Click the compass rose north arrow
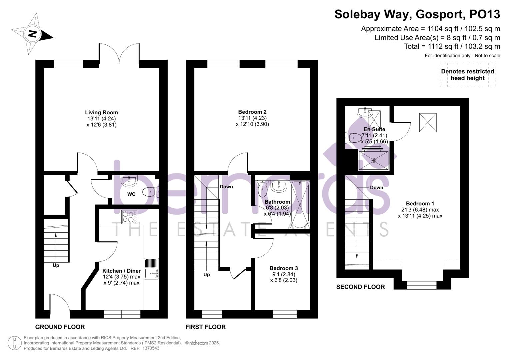[x=32, y=34]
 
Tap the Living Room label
[x=101, y=113]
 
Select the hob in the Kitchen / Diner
[x=129, y=217]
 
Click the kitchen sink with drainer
[x=152, y=269]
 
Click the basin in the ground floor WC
[x=129, y=181]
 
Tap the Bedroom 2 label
[x=252, y=112]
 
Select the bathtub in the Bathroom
[x=300, y=205]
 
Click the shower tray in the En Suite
[x=373, y=160]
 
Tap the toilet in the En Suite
[x=353, y=137]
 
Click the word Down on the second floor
[x=376, y=188]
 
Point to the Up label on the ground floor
[x=56, y=265]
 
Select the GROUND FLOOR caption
[x=60, y=327]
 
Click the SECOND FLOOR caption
[x=360, y=287]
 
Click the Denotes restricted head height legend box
[x=467, y=75]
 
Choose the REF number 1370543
[x=151, y=348]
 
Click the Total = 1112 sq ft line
[x=452, y=46]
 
